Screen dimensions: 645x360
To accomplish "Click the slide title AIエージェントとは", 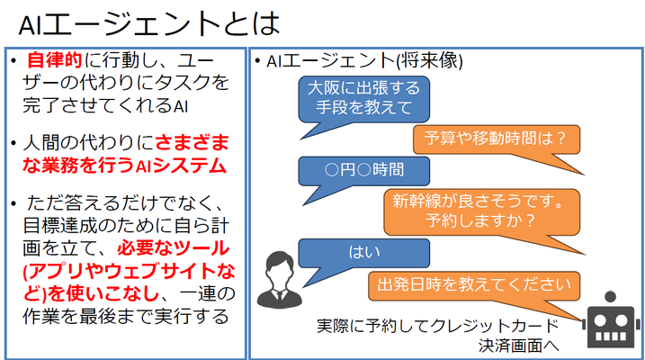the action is click(x=149, y=23).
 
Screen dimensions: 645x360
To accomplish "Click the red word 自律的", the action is click(x=54, y=60).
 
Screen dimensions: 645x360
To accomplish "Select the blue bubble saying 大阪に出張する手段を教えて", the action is click(x=363, y=99).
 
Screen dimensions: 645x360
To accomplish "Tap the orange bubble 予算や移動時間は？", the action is click(x=497, y=139).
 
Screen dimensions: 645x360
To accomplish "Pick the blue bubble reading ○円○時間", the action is click(x=363, y=171).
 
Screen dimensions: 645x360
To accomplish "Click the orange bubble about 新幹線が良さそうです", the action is click(x=482, y=211).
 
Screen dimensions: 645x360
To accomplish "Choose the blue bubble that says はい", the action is click(x=363, y=253).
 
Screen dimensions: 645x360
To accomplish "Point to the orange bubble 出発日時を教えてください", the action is click(x=474, y=285).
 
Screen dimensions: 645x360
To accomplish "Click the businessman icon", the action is click(x=280, y=280).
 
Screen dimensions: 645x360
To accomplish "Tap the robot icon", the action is click(x=611, y=320).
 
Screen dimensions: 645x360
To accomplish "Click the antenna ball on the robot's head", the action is click(x=611, y=296).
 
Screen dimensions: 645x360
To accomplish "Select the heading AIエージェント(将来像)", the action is click(x=364, y=61).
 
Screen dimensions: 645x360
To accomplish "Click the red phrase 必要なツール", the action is click(x=174, y=248).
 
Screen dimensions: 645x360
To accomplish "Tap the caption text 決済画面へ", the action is click(x=519, y=346).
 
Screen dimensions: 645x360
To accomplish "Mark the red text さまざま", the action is click(x=193, y=143).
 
